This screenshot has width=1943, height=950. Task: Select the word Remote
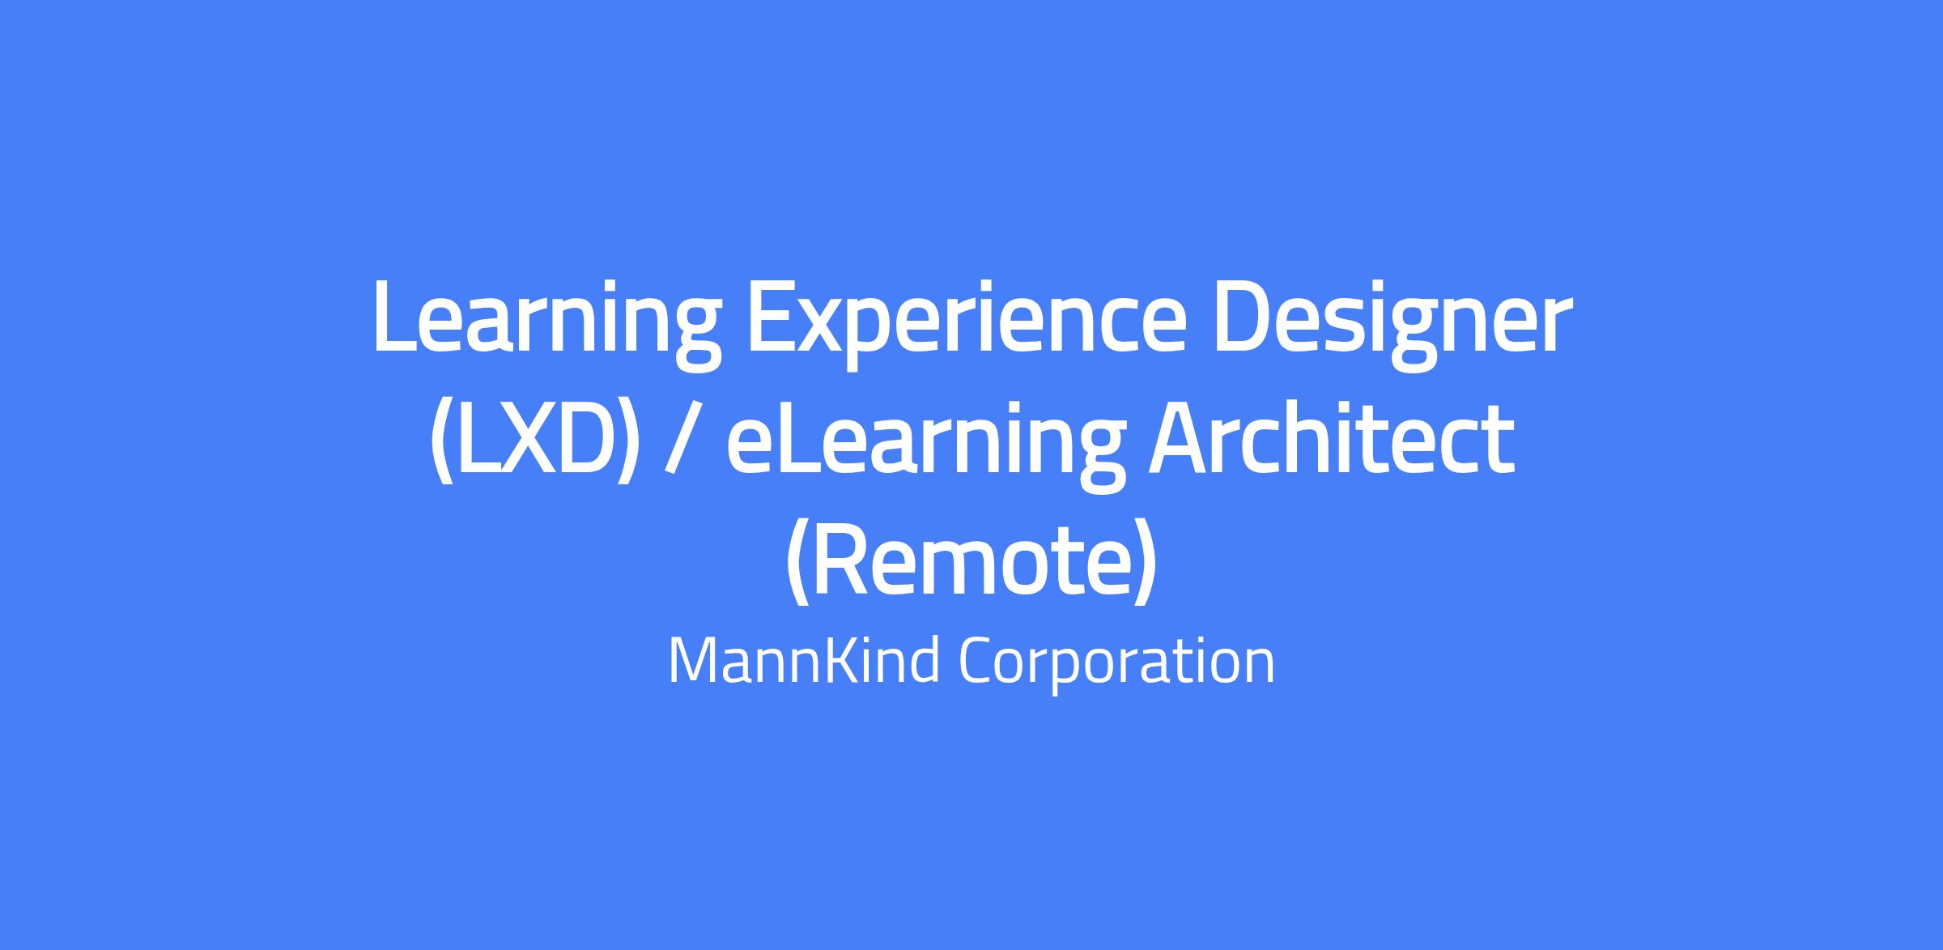(971, 561)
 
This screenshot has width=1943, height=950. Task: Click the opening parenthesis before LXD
(442, 442)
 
